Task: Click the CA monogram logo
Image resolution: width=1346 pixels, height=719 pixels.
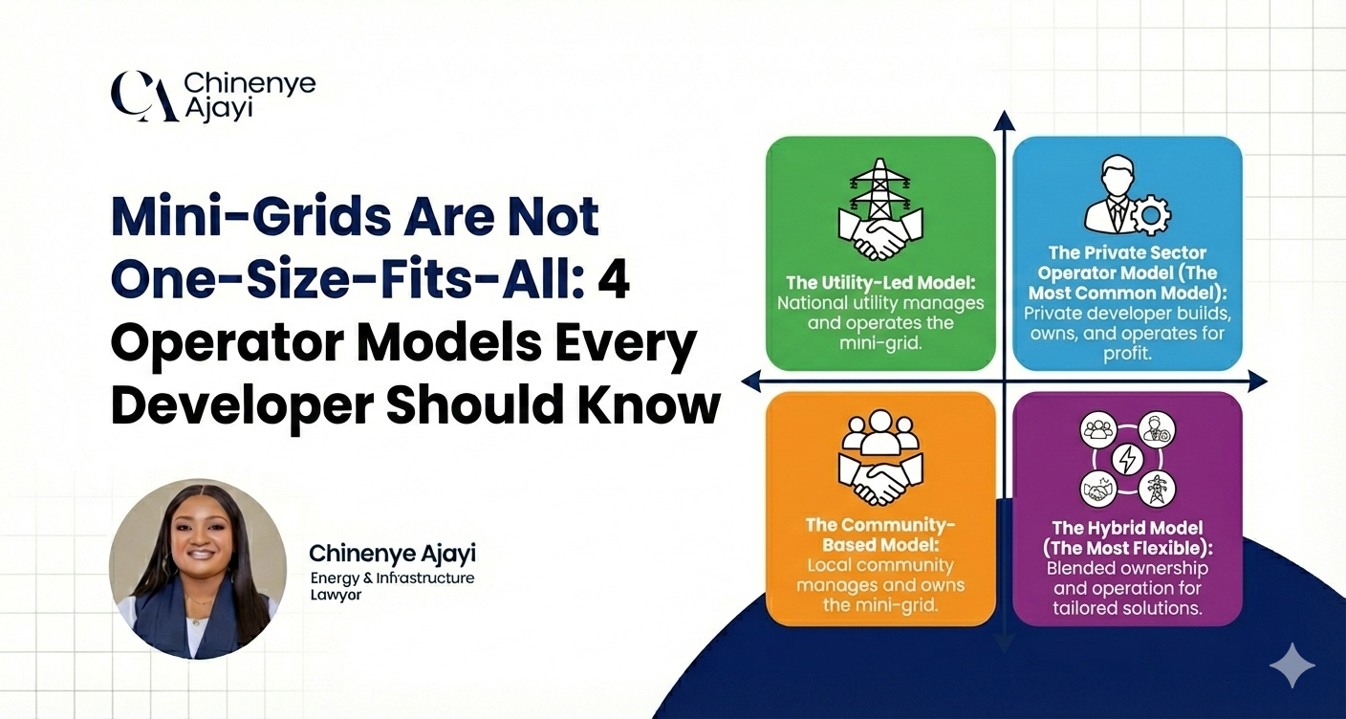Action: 144,97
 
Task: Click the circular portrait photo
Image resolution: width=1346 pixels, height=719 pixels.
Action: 198,568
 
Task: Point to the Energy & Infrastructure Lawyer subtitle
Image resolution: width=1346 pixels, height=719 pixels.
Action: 392,586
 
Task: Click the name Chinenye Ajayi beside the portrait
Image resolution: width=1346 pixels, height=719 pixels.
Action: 392,554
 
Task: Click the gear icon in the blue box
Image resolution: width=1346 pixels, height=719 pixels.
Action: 1151,214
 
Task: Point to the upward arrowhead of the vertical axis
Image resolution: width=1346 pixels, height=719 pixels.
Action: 1004,120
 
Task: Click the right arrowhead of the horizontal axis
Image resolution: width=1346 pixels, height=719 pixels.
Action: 1258,381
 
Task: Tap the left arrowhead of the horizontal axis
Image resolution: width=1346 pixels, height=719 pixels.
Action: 751,381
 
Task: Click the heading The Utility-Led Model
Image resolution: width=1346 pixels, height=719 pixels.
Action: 880,283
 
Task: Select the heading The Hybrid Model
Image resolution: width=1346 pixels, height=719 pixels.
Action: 1127,528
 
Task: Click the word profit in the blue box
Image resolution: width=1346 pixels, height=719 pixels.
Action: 1127,354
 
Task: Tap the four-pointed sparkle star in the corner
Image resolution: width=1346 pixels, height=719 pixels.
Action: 1292,665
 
